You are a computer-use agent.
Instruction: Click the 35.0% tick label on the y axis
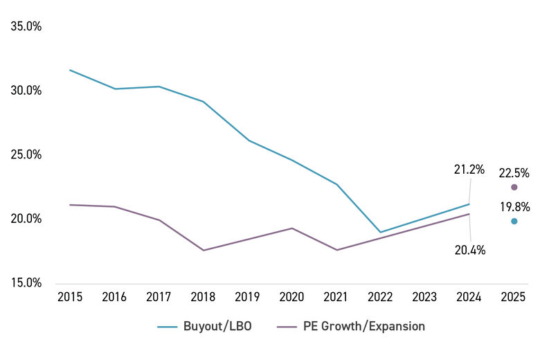click(27, 27)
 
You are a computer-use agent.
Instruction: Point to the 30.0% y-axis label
click(27, 91)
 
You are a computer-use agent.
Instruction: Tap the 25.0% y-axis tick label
click(27, 155)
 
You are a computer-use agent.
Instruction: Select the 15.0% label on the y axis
click(27, 282)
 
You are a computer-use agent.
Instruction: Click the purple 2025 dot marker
click(514, 187)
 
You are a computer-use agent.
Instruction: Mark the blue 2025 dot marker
click(514, 222)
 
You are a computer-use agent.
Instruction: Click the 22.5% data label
click(514, 170)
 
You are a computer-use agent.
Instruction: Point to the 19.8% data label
click(514, 206)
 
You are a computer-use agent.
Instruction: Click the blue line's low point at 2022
click(380, 232)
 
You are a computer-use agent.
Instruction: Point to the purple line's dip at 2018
click(203, 250)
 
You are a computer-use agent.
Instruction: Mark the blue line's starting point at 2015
click(70, 70)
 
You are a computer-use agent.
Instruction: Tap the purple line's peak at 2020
click(291, 228)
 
